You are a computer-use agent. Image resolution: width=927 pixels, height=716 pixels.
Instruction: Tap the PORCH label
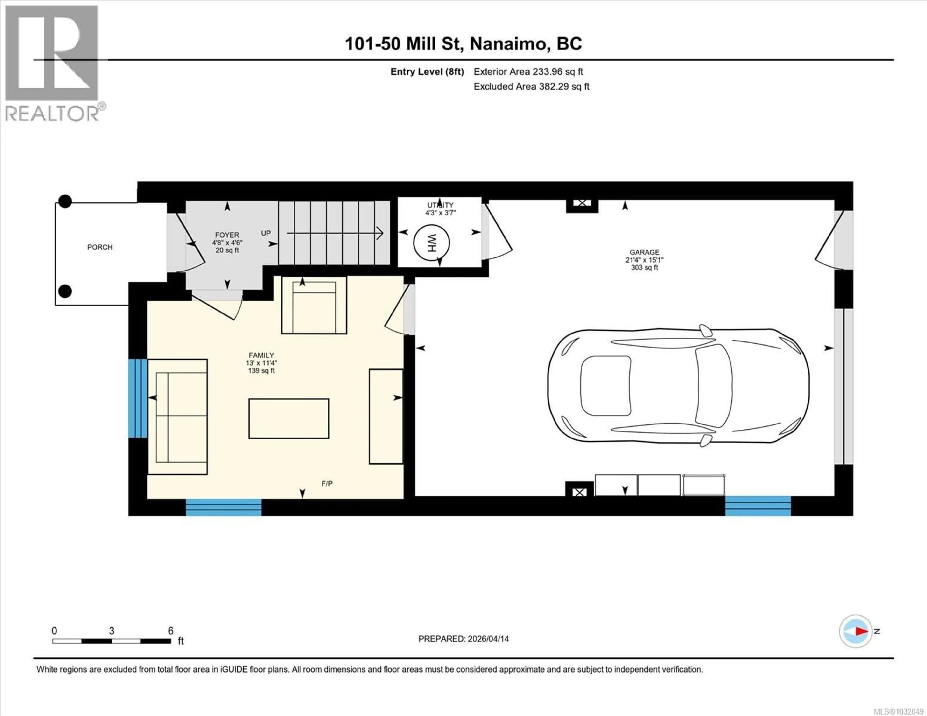click(x=100, y=247)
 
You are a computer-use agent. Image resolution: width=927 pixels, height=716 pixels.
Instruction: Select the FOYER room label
click(x=227, y=235)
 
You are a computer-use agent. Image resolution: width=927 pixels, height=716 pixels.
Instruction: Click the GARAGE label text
click(x=644, y=252)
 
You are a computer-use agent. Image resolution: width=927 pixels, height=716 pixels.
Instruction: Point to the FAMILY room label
click(x=261, y=355)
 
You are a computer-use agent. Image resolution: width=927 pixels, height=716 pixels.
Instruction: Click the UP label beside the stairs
click(x=266, y=233)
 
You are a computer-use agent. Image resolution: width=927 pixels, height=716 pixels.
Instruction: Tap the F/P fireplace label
click(x=327, y=483)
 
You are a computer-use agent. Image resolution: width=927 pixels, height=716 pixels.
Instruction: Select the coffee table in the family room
click(x=289, y=418)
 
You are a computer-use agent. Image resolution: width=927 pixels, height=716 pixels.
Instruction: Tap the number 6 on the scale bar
click(x=171, y=631)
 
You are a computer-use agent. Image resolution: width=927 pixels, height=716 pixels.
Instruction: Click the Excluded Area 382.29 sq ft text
click(x=531, y=87)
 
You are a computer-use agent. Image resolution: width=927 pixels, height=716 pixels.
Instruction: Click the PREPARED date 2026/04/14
click(x=463, y=639)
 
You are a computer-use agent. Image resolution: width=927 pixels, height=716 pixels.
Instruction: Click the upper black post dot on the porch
click(x=65, y=201)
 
